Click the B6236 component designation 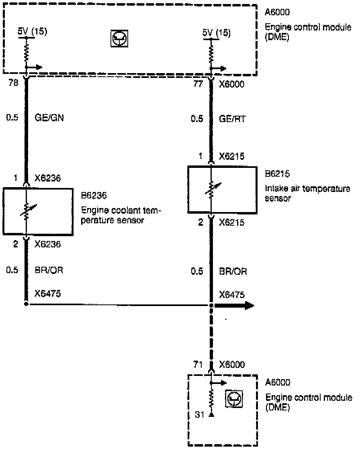[93, 196]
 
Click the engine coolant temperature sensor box [38, 211]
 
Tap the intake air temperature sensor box [222, 190]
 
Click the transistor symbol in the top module [119, 39]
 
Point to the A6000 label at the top [278, 12]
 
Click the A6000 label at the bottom [278, 383]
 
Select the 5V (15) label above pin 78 [33, 32]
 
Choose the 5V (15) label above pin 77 [217, 32]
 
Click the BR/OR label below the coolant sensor [49, 270]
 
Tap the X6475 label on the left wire [47, 294]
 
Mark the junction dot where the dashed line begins [211, 306]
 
